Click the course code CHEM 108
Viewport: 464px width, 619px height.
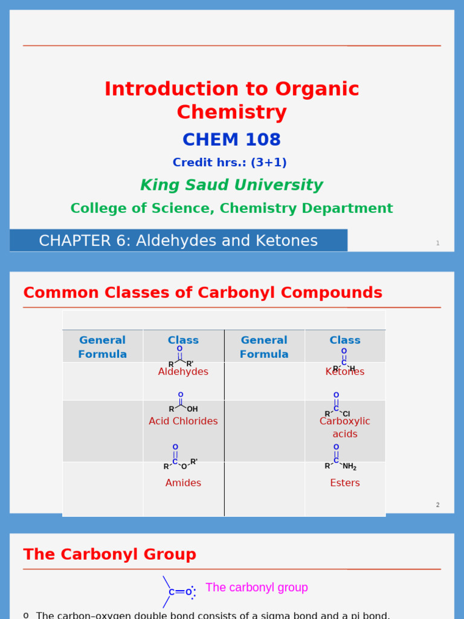(x=231, y=140)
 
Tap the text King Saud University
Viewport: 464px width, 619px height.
(x=231, y=185)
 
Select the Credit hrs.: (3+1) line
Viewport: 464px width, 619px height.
(x=230, y=163)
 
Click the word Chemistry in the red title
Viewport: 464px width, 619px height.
(x=231, y=112)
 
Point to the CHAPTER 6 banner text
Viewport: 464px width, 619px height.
(x=178, y=241)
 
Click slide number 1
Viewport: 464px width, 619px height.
(x=437, y=243)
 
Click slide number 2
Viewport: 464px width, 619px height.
(x=437, y=505)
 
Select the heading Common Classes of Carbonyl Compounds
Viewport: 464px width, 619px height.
(x=202, y=293)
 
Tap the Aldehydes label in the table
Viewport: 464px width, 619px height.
(x=183, y=372)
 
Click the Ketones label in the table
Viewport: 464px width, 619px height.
(x=345, y=372)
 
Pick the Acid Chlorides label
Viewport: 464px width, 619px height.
(x=183, y=421)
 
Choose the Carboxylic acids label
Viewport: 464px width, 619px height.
(x=345, y=427)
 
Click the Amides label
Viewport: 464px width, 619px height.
(x=183, y=483)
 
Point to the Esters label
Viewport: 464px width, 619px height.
(x=345, y=483)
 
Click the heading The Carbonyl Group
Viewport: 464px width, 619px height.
(x=109, y=554)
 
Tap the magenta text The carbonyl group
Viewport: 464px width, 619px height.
(x=257, y=588)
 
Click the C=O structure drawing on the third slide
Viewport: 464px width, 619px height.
(x=179, y=592)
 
